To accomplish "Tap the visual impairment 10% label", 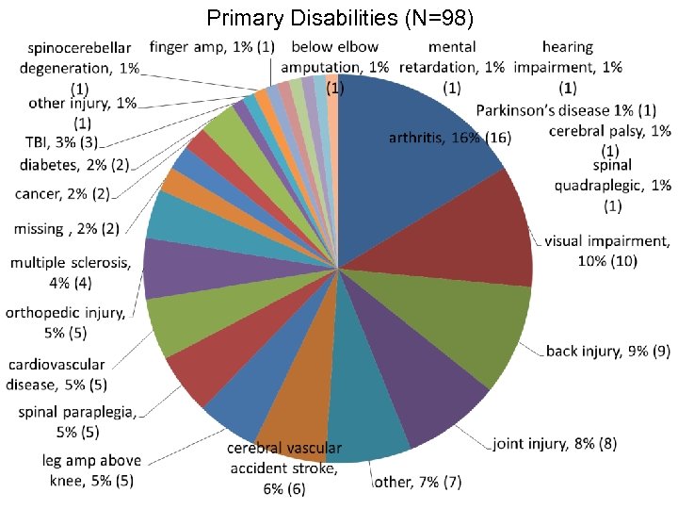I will (x=606, y=250).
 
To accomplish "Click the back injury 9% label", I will (x=608, y=352).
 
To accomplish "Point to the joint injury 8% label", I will (x=555, y=443).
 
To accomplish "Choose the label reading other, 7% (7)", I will (x=418, y=483).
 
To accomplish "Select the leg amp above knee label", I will (x=91, y=470).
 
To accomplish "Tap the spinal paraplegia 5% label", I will (x=77, y=420).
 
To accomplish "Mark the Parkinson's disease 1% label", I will (x=566, y=110).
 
